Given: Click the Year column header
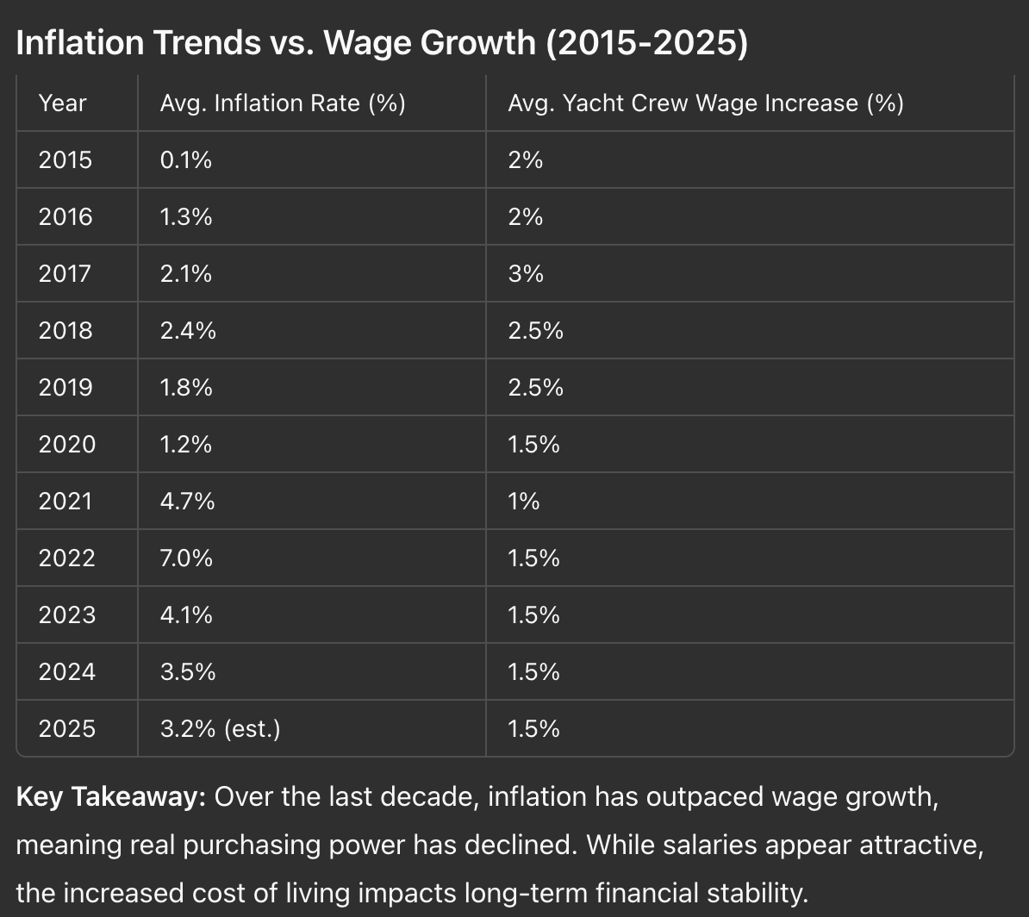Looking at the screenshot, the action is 62,103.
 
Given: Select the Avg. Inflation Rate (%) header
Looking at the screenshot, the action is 283,103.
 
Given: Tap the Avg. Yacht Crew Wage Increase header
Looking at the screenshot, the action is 706,103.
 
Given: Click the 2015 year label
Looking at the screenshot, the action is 65,160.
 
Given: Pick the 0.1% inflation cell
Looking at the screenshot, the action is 185,160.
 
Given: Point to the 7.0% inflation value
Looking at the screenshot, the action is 186,558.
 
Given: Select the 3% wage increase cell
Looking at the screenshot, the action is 526,274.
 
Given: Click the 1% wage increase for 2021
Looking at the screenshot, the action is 524,502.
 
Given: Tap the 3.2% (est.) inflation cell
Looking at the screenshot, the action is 221,728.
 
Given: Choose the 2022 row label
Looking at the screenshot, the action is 67,558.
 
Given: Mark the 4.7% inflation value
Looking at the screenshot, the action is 188,502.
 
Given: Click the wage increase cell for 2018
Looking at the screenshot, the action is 535,330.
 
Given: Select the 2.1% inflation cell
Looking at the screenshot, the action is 185,274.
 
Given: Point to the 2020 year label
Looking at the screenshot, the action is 67,445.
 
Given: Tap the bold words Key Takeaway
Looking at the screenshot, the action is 111,797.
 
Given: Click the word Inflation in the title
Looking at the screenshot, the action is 79,43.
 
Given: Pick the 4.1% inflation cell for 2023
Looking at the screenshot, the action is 186,615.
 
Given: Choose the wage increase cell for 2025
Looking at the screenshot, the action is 533,728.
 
